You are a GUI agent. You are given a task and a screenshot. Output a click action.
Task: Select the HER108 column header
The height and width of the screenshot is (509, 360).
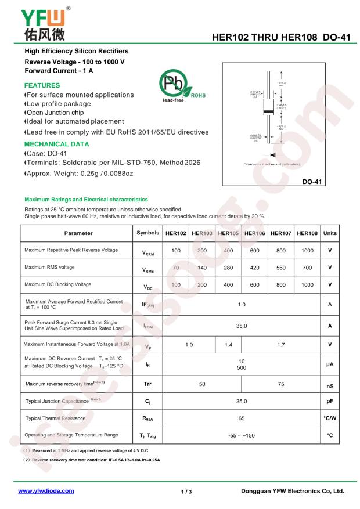click(307, 233)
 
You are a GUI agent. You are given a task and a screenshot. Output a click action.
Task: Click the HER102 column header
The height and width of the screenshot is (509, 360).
click(175, 233)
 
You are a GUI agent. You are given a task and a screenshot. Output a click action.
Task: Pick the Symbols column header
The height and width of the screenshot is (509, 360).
click(147, 233)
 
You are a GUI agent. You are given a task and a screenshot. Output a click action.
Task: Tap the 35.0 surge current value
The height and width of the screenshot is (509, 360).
click(242, 326)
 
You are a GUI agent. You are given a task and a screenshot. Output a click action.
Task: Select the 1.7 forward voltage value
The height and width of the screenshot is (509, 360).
click(280, 345)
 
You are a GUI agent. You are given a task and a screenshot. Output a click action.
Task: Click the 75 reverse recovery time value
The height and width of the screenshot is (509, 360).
click(280, 384)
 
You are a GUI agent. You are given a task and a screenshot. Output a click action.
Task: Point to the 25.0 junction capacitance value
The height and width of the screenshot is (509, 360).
click(242, 400)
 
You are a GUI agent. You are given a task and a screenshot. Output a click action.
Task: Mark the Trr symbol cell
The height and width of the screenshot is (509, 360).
click(147, 384)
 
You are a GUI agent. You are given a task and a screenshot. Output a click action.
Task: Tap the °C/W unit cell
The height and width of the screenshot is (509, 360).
click(330, 418)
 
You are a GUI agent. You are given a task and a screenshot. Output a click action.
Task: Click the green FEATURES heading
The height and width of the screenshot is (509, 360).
click(42, 85)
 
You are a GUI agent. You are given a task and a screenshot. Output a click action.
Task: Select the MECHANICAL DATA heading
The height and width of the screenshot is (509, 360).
click(56, 143)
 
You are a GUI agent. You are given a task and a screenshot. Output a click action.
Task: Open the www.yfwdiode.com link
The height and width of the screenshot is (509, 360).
click(46, 490)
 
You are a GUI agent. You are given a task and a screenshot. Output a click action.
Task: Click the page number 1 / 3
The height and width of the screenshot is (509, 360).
click(186, 491)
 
